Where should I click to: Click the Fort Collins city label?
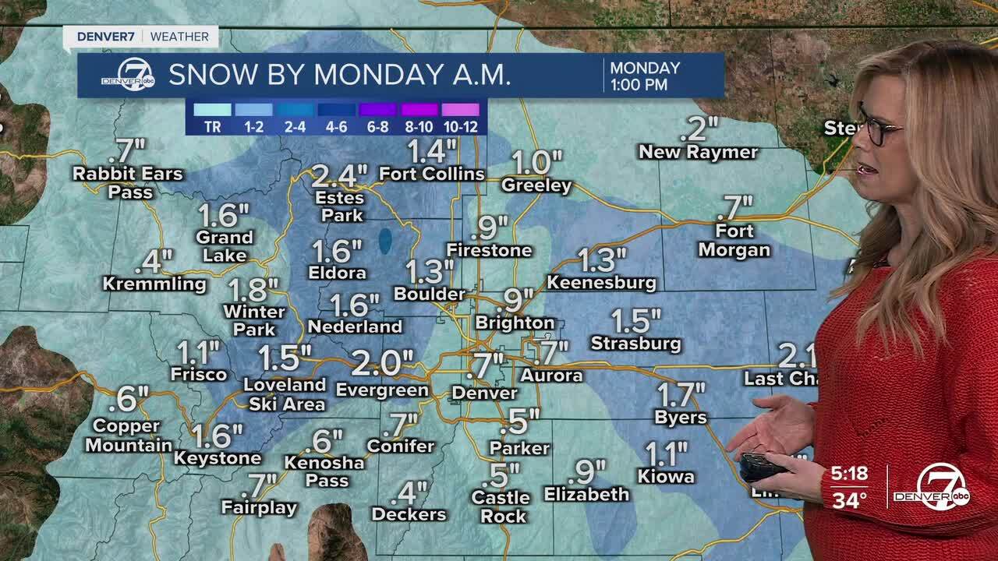(432, 174)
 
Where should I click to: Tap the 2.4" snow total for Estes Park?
(338, 176)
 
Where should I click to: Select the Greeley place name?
(536, 186)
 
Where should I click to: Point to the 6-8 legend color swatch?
(378, 110)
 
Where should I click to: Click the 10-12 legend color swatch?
(461, 110)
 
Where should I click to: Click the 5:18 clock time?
(848, 474)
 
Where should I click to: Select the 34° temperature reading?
(848, 500)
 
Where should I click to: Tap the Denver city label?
(484, 393)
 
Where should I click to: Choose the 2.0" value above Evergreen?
(382, 362)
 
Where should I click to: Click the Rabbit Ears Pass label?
(128, 182)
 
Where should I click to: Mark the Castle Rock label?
(501, 506)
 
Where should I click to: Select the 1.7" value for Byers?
(681, 394)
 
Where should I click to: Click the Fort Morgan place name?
(734, 241)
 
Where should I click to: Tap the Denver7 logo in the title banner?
(126, 76)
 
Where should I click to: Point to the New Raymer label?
(698, 152)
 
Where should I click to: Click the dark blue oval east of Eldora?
(385, 242)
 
